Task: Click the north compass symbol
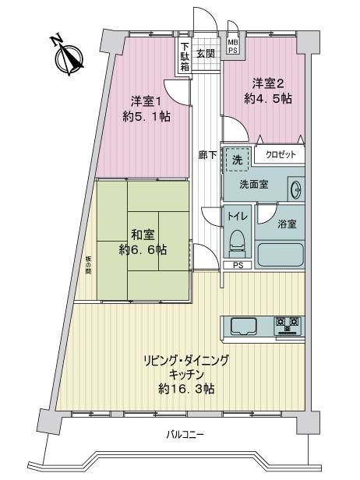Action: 69,58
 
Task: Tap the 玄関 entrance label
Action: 205,54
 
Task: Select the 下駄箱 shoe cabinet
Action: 184,57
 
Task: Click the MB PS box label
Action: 233,47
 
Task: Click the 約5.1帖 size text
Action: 146,116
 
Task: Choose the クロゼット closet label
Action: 281,154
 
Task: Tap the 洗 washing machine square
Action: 237,160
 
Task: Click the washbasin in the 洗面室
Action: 296,189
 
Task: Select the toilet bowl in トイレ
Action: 237,243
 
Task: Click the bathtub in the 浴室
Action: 280,255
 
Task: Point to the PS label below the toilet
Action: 238,265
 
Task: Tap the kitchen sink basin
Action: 243,326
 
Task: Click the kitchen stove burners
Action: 287,325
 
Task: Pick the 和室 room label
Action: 143,235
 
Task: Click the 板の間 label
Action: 88,265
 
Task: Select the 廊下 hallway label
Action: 207,155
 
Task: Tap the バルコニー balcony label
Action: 185,434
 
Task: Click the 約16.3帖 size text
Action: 186,389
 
